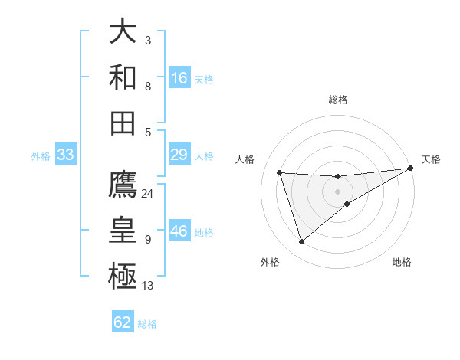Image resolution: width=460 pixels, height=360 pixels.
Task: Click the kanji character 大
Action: (123, 33)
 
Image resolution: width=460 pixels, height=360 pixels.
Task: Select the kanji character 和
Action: (123, 77)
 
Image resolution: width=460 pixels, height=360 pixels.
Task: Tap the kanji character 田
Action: (123, 123)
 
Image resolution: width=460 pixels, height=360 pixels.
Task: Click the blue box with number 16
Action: (179, 78)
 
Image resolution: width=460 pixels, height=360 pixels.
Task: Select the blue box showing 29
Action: (179, 155)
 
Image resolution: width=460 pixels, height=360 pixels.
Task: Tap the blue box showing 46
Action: (179, 232)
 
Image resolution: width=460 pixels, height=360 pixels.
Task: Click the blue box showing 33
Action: (65, 155)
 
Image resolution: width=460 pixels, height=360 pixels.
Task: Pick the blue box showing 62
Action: (123, 322)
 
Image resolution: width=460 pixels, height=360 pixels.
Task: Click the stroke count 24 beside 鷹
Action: (148, 193)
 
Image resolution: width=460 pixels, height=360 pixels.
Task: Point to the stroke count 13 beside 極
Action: (148, 286)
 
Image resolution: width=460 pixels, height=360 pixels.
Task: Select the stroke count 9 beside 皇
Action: (148, 240)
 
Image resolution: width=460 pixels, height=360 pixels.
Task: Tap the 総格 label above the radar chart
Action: (338, 100)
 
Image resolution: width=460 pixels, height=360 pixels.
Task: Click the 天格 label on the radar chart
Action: (431, 159)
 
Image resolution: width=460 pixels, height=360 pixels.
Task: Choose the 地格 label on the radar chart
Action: (402, 262)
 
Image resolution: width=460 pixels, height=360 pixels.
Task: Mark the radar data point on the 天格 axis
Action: (412, 168)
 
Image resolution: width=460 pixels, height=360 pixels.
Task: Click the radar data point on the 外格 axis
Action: (301, 242)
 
